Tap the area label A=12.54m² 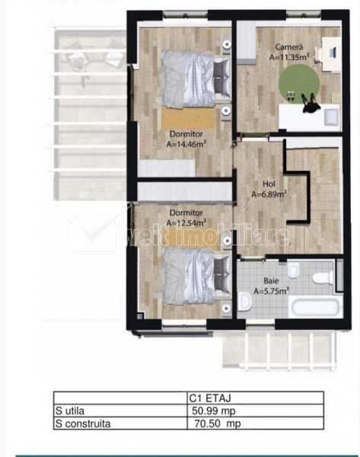click(x=186, y=222)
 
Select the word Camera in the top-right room click(x=289, y=46)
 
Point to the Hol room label click(x=269, y=184)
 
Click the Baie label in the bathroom click(x=271, y=281)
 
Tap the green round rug click(x=299, y=84)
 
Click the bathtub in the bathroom click(x=316, y=307)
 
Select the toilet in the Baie click(x=323, y=277)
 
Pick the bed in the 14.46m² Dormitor click(x=195, y=79)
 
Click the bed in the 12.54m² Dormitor click(x=195, y=276)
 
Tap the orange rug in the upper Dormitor click(x=189, y=118)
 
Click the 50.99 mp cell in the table click(x=214, y=411)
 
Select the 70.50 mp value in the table click(x=217, y=423)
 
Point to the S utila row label click(x=70, y=411)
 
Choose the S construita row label click(x=83, y=423)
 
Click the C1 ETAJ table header click(x=210, y=398)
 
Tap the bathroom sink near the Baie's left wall click(x=245, y=301)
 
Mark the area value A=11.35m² click(x=289, y=57)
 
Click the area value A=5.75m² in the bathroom click(x=271, y=291)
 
